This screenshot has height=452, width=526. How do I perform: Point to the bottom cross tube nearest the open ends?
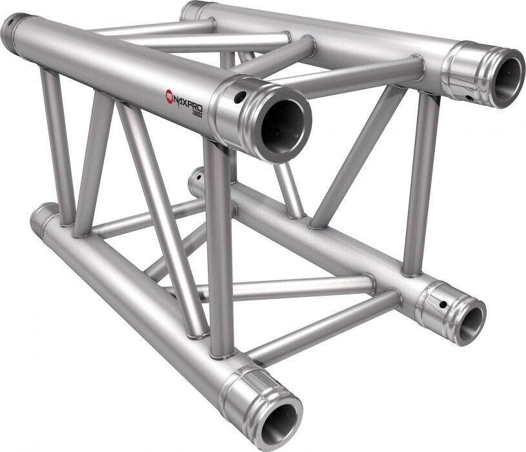tap(323, 327)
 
